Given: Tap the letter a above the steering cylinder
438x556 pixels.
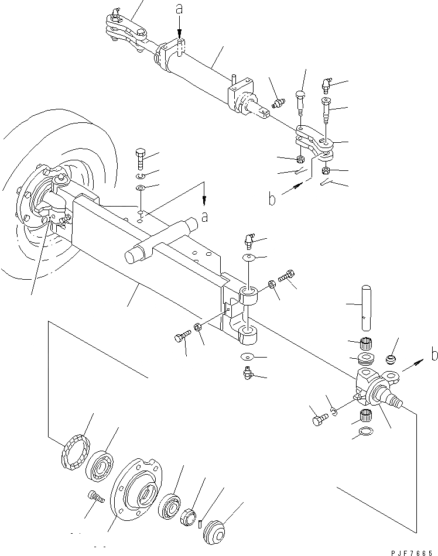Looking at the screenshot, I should click(179, 10).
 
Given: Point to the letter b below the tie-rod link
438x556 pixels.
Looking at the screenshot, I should click(272, 200).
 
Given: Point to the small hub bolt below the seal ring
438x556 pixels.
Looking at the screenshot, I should click(96, 496).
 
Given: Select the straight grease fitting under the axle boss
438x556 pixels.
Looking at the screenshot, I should click(248, 373).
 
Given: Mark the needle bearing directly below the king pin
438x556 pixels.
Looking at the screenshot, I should click(366, 343).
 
